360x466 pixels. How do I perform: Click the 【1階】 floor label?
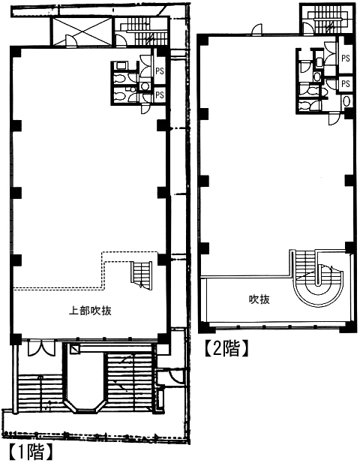(31, 452)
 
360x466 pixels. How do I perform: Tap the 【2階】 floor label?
(226, 348)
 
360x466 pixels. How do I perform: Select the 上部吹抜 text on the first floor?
(90, 311)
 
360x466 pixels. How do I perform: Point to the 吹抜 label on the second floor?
(259, 299)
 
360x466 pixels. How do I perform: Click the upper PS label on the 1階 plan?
(160, 71)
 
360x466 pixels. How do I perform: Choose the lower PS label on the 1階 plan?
(160, 95)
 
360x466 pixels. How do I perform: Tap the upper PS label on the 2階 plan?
(346, 59)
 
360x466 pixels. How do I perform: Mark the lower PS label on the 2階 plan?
(346, 83)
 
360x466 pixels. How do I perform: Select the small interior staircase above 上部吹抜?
(142, 275)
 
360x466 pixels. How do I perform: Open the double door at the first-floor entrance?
(41, 349)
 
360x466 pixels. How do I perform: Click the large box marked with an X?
(82, 32)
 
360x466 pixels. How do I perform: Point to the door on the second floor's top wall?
(257, 30)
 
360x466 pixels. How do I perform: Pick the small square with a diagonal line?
(75, 349)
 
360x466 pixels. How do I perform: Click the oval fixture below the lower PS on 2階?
(346, 101)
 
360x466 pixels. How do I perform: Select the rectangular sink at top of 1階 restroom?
(121, 65)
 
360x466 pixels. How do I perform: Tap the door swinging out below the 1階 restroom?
(145, 109)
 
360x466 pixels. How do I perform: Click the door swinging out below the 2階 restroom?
(334, 119)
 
